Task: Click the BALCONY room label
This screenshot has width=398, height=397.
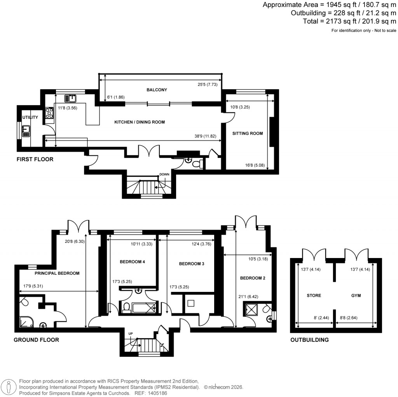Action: (157, 90)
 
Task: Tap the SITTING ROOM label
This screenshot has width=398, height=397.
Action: (248, 134)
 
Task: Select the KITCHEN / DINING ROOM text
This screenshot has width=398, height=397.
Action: (139, 122)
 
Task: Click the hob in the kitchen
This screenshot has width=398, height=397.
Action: (49, 113)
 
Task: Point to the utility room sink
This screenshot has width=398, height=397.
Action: (26, 131)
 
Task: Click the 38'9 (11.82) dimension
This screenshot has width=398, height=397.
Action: (205, 137)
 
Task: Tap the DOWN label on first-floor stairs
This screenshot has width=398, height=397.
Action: (164, 175)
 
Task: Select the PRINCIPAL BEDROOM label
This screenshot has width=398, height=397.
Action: (57, 273)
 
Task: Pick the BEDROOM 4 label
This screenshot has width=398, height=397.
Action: (132, 262)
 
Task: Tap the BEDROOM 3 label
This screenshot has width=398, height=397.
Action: (191, 264)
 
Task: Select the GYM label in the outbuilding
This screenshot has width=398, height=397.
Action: (356, 296)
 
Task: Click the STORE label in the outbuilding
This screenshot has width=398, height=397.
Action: (314, 296)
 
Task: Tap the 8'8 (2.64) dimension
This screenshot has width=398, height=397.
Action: (348, 318)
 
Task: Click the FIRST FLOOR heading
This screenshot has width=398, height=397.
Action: (35, 160)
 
